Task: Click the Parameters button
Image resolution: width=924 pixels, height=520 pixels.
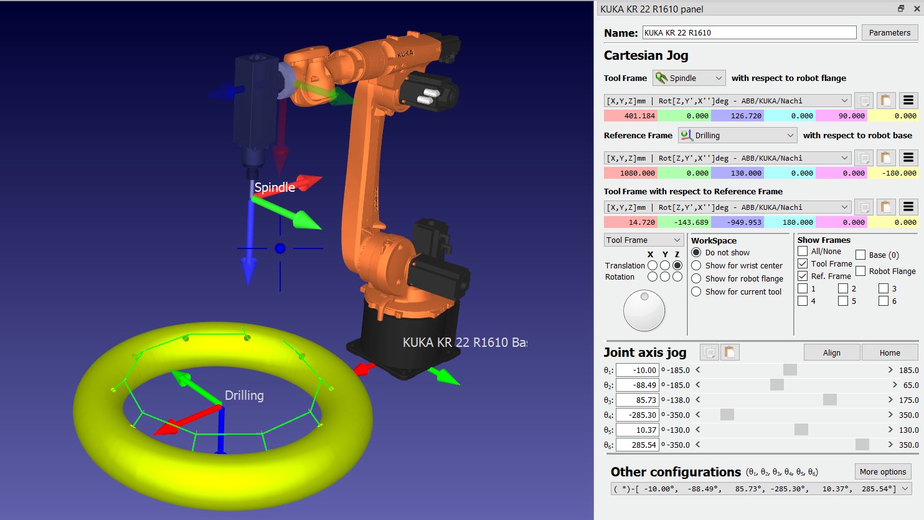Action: tap(889, 33)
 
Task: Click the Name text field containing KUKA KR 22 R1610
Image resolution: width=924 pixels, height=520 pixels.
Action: tap(749, 33)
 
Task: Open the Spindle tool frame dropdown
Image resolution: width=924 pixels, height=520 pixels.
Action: tap(689, 78)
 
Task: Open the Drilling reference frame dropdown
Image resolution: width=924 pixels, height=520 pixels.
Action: tap(737, 135)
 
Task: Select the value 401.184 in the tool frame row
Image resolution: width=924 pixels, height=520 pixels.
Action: tap(631, 116)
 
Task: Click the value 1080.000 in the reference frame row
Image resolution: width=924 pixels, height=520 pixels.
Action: tap(631, 173)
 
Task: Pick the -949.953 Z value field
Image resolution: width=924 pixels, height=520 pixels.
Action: tap(737, 222)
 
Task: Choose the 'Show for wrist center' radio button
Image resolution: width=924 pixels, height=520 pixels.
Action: tap(696, 266)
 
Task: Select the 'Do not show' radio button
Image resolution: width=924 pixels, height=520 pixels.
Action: tap(696, 253)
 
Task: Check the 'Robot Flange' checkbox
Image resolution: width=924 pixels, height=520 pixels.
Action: tap(860, 271)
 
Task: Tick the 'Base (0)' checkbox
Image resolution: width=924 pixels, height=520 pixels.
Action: tap(860, 255)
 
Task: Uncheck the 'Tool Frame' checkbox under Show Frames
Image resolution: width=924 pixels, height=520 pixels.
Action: tap(803, 263)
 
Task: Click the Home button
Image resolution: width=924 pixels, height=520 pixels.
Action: tap(889, 352)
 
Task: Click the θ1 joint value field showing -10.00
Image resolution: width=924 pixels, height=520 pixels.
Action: tap(637, 370)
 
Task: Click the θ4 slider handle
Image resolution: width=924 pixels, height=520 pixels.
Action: tap(727, 415)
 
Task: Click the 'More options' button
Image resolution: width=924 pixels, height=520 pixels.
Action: tap(882, 471)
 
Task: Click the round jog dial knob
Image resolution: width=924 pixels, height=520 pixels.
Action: tap(644, 311)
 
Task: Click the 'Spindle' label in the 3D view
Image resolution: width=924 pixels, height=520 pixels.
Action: tap(275, 187)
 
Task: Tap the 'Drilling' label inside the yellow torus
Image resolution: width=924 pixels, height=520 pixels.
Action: tap(244, 395)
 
